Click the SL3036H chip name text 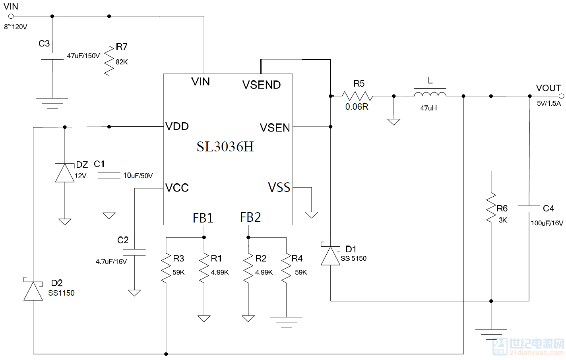pos(225,147)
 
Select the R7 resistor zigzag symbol pos(109,61)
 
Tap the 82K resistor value pos(122,62)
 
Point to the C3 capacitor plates pos(52,56)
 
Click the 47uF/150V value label pos(83,56)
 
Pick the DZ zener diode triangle pos(65,173)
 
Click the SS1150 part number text pos(61,293)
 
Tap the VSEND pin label pos(262,85)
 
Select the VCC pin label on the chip pos(177,188)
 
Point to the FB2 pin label pos(250,217)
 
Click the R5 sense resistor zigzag pos(357,96)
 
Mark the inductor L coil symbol pos(430,94)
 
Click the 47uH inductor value pos(428,108)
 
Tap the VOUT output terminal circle pos(562,96)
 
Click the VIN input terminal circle pos(11,16)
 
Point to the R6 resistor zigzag pos(491,208)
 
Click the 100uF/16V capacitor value pos(547,223)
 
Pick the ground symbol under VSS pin pos(312,215)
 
